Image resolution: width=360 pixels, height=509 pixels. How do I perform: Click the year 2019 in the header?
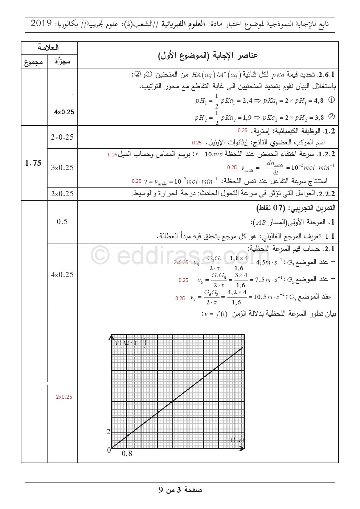[42, 24]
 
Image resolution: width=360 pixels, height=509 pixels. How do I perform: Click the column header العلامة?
[49, 48]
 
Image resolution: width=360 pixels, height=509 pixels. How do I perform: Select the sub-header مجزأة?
[62, 62]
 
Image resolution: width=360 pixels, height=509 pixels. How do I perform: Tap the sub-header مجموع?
[34, 62]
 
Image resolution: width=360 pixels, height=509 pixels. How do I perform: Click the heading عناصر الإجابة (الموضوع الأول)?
[208, 55]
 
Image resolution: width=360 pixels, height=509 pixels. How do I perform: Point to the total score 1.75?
[33, 163]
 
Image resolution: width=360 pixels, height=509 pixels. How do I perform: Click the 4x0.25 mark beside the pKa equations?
[64, 112]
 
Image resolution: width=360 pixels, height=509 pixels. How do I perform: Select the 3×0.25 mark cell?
[62, 168]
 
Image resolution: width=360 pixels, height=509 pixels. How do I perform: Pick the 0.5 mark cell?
[62, 222]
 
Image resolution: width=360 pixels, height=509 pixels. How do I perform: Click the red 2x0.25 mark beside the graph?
[64, 397]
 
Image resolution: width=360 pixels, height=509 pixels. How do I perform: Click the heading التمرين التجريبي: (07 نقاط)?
[295, 209]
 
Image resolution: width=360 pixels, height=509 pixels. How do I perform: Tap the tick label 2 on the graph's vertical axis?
[108, 432]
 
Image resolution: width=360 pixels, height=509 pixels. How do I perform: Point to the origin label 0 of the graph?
[109, 450]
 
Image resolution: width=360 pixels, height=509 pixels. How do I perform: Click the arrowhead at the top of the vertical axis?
[111, 337]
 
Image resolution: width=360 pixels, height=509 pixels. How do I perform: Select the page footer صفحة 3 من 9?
[180, 490]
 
